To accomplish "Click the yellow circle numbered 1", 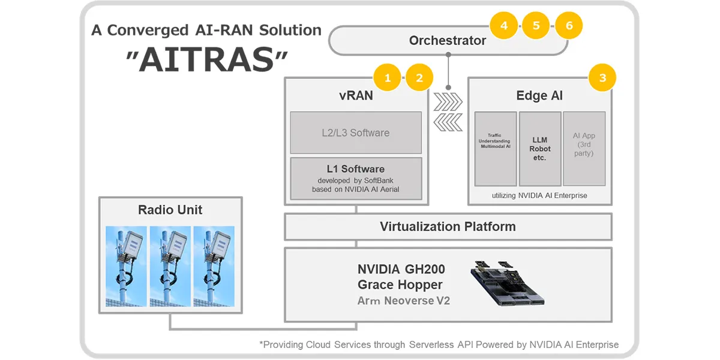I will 388,77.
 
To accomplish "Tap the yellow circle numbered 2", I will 419,77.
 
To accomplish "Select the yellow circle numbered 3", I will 602,77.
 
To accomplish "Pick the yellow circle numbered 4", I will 504,25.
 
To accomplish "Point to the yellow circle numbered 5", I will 536,25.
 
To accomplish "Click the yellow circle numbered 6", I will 568,25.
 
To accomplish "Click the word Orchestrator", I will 447,41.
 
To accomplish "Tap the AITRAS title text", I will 207,61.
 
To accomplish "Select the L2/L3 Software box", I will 355,133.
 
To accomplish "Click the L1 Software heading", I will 356,169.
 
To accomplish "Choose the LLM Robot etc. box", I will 539,148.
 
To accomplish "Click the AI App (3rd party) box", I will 583,148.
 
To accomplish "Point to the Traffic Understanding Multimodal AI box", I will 495,148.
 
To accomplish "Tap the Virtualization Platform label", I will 448,227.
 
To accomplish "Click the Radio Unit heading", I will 170,210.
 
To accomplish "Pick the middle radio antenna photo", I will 170,266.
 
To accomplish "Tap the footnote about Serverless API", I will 439,344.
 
